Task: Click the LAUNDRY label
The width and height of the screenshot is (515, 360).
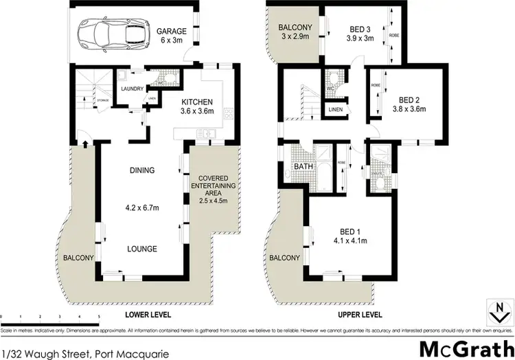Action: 131,89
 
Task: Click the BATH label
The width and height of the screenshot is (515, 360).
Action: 304,167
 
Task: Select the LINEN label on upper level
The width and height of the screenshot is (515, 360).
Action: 336,110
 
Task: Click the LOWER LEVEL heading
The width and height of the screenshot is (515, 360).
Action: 147,315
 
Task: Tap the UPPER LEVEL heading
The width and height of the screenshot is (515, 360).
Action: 360,315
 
